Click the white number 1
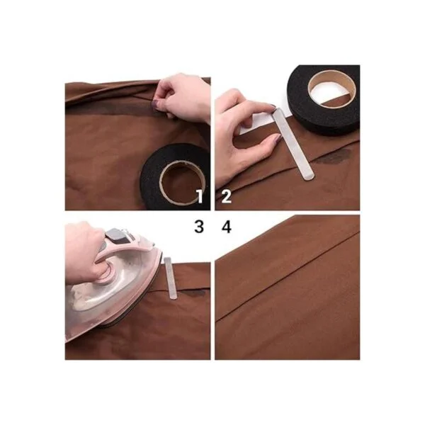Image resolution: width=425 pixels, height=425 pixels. point(200,196)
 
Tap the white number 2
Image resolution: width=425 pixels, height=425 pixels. point(227,196)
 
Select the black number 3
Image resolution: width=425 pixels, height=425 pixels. point(199,227)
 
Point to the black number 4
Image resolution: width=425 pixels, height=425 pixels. point(227,227)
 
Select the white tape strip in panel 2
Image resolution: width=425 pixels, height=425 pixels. point(294,144)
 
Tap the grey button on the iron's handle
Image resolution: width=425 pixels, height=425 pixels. point(116,237)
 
